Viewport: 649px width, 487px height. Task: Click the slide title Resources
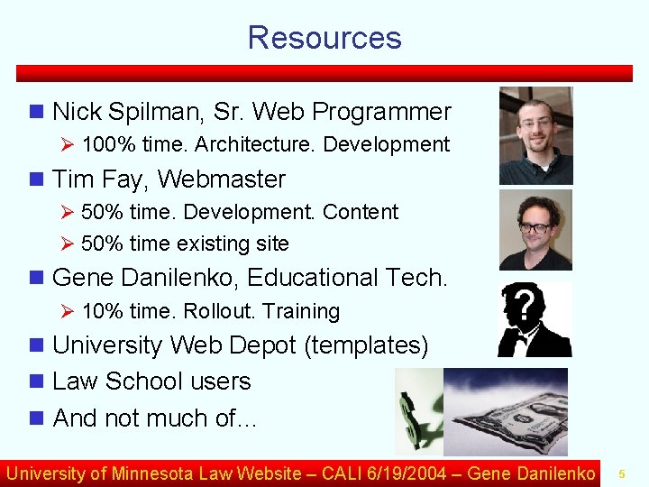point(324,38)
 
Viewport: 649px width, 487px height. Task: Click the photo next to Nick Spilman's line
point(535,135)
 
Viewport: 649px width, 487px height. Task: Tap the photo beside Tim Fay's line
point(535,229)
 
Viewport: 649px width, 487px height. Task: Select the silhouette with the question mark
point(534,319)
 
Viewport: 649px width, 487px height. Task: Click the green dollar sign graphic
point(416,411)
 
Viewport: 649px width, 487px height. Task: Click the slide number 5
point(621,473)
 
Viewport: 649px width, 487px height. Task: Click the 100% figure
point(103,144)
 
